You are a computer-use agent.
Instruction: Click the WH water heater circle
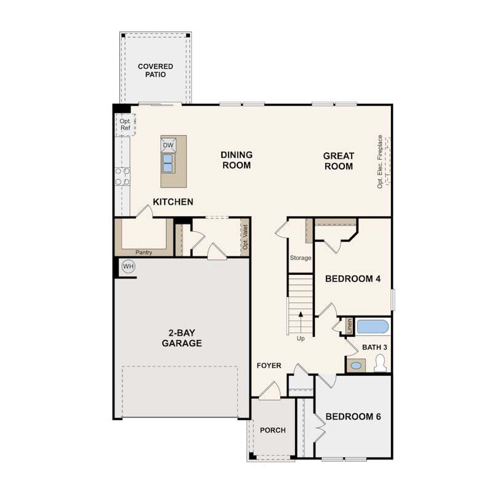pos(128,266)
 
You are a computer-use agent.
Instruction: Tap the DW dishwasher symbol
pos(168,145)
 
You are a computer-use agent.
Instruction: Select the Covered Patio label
pos(156,70)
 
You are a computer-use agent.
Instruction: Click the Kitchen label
pos(173,202)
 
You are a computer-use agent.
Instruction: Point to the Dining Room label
pos(237,160)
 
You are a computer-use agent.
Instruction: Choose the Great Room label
pos(339,161)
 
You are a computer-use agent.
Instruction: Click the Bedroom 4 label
pos(353,279)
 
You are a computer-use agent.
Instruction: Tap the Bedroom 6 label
pos(353,416)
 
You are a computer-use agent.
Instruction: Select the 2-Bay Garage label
pos(181,338)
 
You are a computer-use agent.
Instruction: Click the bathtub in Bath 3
pos(373,326)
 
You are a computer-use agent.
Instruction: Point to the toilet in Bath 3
pos(380,363)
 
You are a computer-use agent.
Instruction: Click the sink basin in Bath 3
pos(356,366)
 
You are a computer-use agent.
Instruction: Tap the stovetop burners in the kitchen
pos(122,176)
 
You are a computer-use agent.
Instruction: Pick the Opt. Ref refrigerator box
pos(125,124)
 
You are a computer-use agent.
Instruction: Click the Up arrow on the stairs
pos(301,322)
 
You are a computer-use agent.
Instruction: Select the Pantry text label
pos(143,253)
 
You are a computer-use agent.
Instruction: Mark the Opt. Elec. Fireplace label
pos(380,162)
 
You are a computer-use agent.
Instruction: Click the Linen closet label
pos(350,326)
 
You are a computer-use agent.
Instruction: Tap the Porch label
pos(273,430)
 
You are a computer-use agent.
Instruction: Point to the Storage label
pos(301,258)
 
